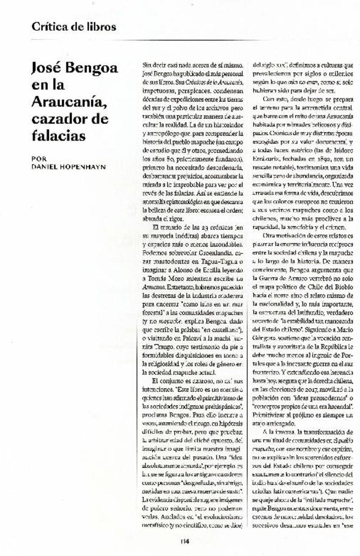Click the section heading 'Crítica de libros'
point(74,27)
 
